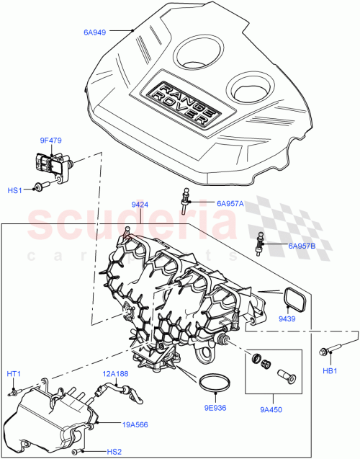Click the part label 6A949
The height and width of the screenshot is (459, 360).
(x=94, y=32)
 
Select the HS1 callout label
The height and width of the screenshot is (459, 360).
(x=15, y=190)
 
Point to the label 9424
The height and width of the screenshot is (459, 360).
(x=141, y=205)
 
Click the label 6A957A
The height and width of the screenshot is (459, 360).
(x=230, y=204)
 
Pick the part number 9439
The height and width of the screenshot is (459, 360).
(x=288, y=318)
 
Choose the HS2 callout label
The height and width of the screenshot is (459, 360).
(x=114, y=452)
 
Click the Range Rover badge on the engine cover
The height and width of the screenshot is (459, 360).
(x=181, y=101)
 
